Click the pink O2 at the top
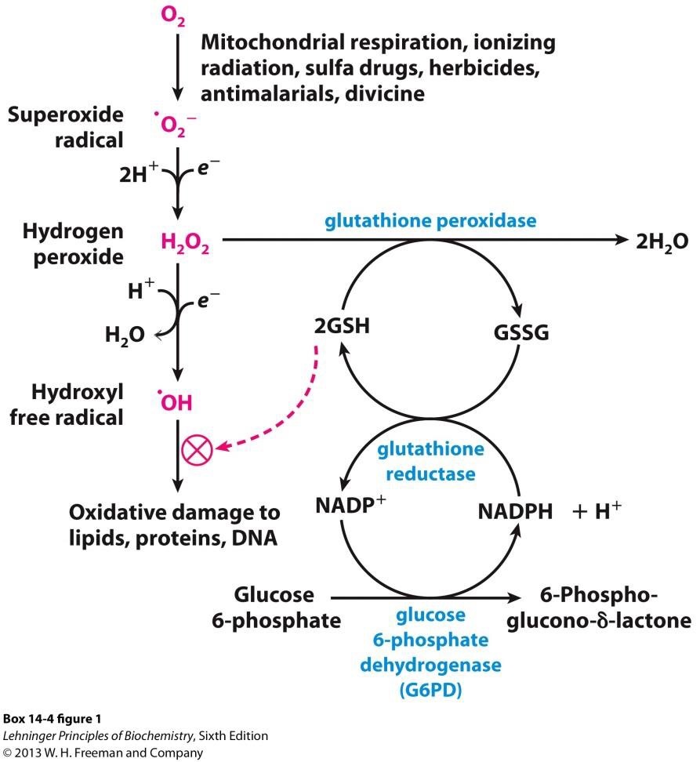[176, 16]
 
